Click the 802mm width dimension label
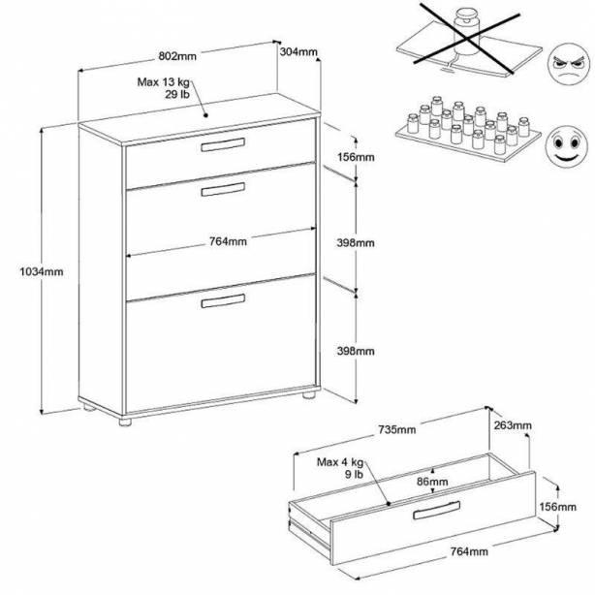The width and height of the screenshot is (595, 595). pos(177,56)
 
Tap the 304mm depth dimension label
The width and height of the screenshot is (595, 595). pos(298,51)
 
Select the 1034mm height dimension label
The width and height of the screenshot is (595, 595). pos(42,271)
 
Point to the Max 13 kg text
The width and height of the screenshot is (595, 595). pos(163,82)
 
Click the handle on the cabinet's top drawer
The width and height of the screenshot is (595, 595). pos(223,144)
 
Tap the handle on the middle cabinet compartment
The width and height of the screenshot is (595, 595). pos(223,189)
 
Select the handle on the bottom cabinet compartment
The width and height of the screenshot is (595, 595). pos(223,300)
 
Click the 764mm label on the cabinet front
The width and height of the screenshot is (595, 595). pos(228,241)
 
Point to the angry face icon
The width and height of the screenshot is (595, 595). pos(569,65)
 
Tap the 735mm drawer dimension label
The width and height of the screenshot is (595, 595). pos(397,429)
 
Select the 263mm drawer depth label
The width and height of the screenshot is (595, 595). pos(513,425)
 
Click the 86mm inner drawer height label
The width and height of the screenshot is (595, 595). pos(432,482)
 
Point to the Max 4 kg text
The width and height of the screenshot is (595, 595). pos(340,462)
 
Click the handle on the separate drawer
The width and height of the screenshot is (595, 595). pos(436,510)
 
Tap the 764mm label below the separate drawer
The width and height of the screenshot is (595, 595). pos(469,551)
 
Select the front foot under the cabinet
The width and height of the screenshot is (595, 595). pos(125,422)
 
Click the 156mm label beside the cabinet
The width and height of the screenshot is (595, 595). pos(356,157)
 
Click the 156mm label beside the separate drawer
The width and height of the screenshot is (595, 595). pos(557,507)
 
